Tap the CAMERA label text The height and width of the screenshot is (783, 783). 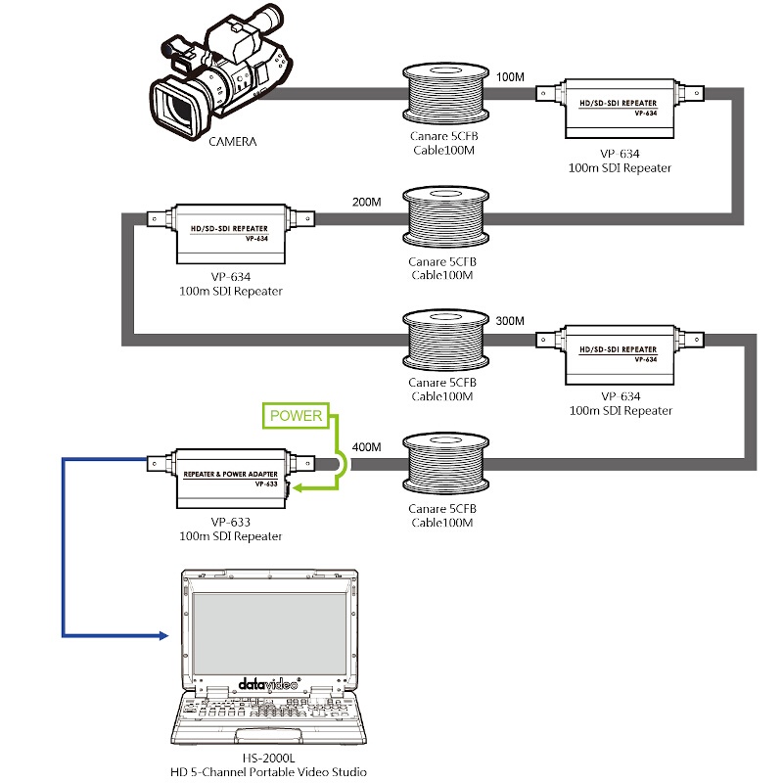click(x=233, y=142)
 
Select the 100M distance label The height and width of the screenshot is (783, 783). click(x=511, y=76)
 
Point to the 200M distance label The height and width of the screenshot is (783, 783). click(x=366, y=203)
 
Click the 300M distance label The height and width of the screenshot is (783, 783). click(x=510, y=321)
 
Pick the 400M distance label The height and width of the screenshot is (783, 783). click(x=366, y=446)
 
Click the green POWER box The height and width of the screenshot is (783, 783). click(x=296, y=416)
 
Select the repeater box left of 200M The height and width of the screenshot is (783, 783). click(x=231, y=234)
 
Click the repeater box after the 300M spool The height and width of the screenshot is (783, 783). click(x=621, y=356)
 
